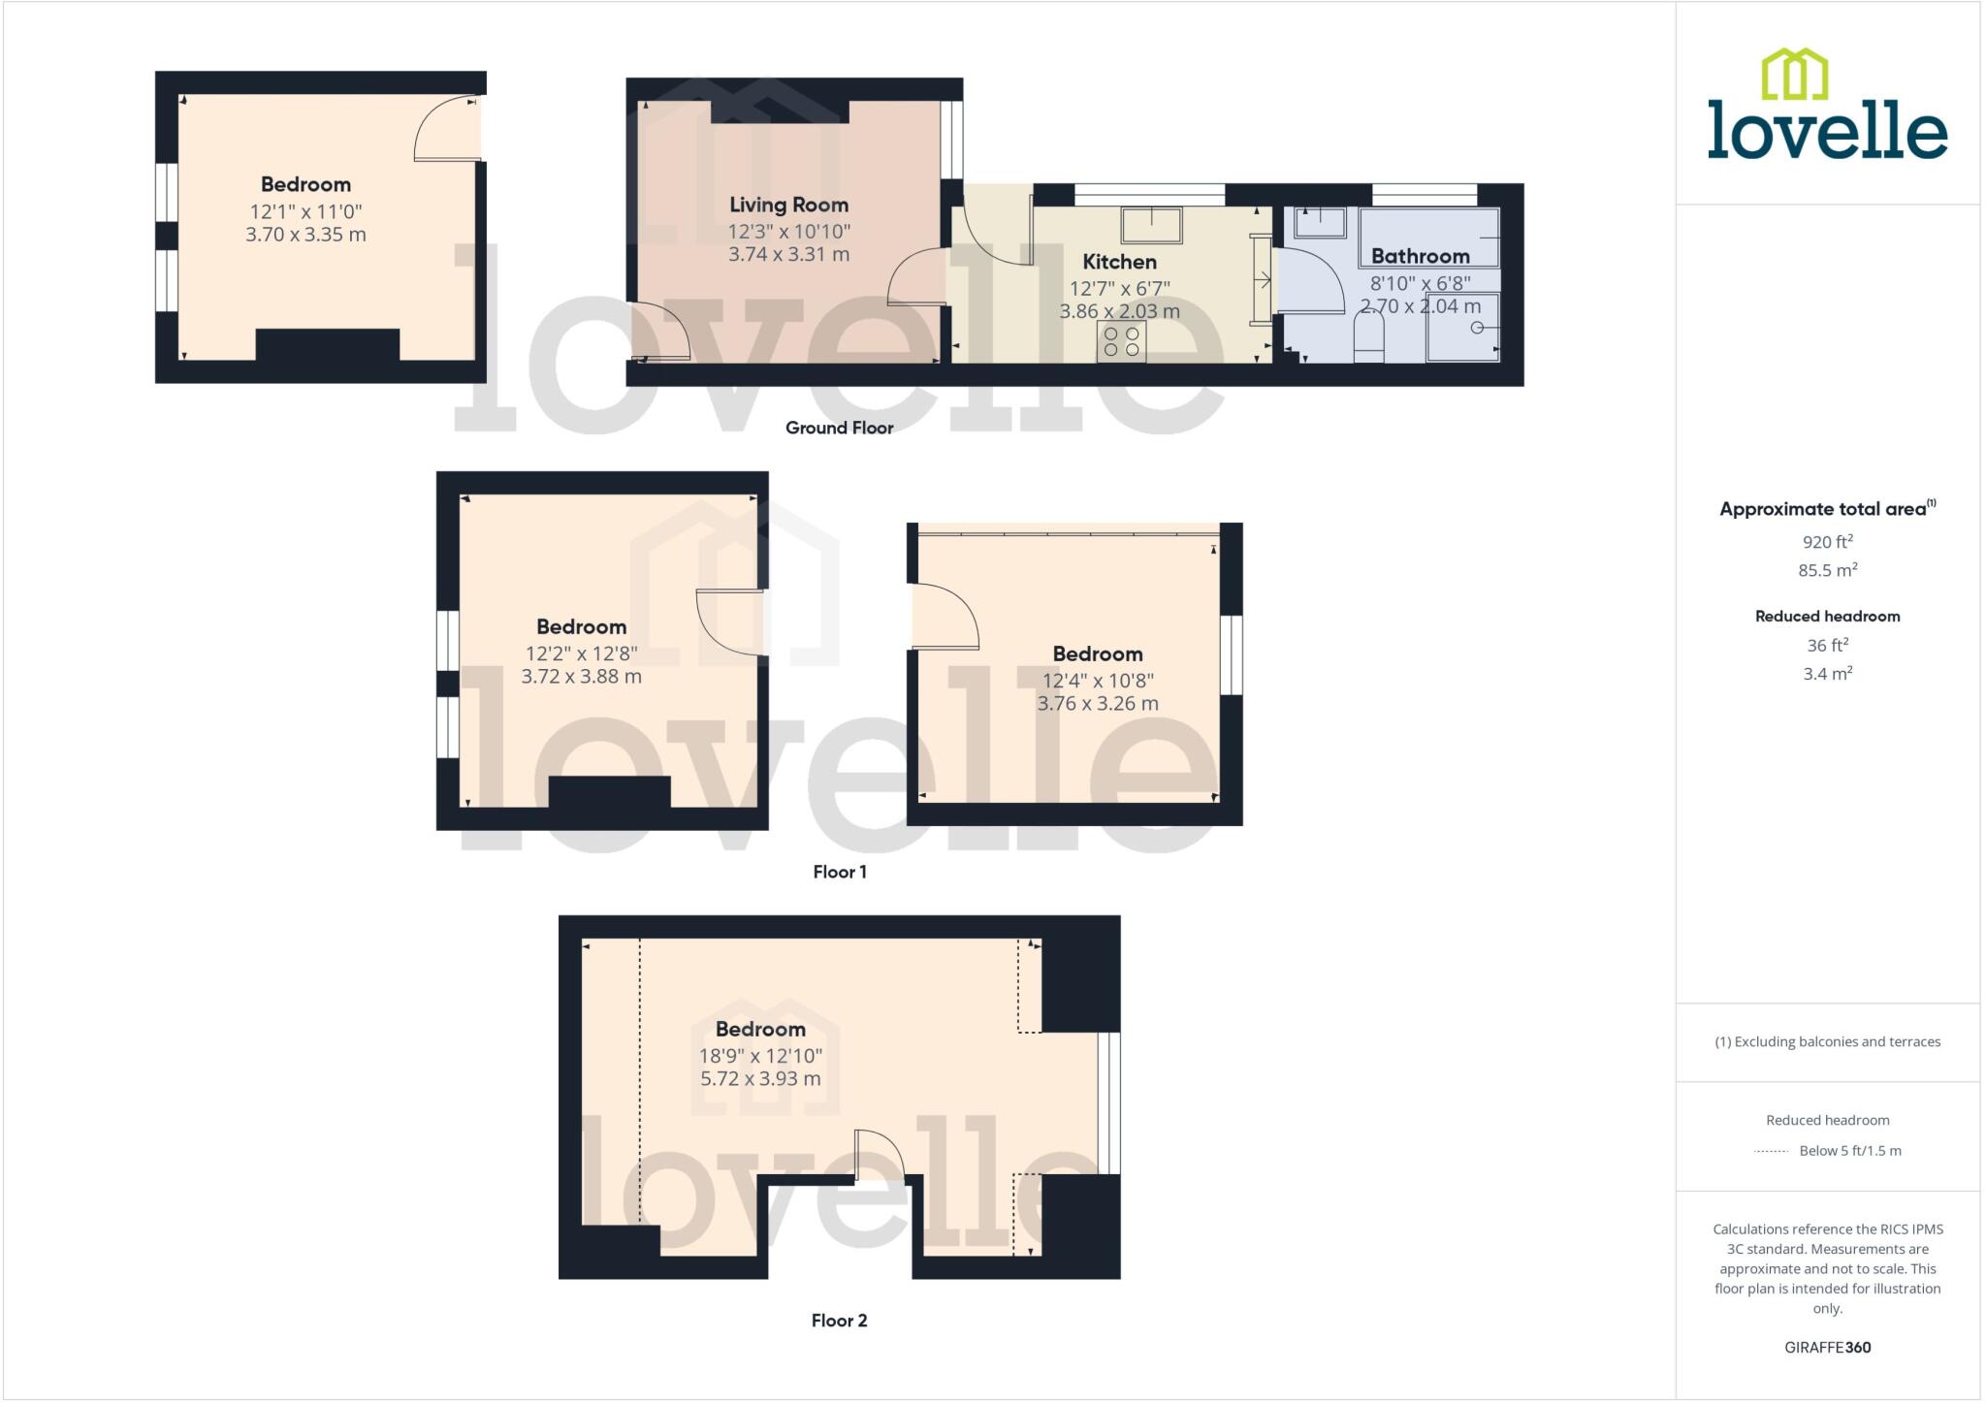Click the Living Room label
[x=788, y=205]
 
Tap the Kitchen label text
[x=1119, y=262]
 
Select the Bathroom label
[x=1420, y=256]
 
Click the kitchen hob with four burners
[x=1121, y=341]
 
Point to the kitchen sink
[x=1151, y=225]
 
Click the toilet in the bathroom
[x=1368, y=339]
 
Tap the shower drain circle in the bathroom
[x=1477, y=328]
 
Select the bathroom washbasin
[x=1320, y=222]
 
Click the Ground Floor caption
[x=839, y=428]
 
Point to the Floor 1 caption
[x=839, y=872]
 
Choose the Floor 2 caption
[x=839, y=1321]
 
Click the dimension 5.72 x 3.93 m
[x=760, y=1078]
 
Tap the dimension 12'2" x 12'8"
[x=581, y=654]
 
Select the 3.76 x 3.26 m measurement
[x=1098, y=703]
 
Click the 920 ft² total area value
[x=1827, y=542]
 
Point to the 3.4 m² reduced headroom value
[x=1827, y=673]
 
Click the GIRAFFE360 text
[x=1827, y=1347]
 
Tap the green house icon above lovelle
[x=1794, y=75]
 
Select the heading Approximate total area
[x=1823, y=509]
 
